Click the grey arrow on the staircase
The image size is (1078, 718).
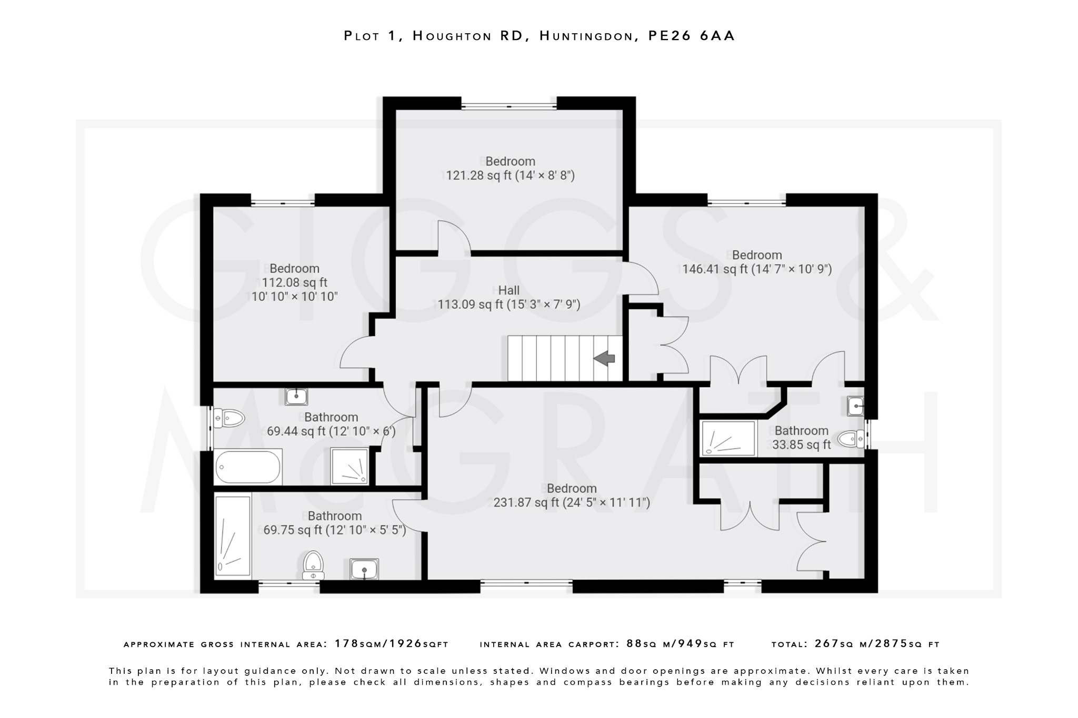[605, 358]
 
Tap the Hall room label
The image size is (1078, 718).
[508, 290]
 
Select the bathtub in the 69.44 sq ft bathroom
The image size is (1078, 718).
[247, 467]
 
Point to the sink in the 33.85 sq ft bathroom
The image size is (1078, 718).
[855, 406]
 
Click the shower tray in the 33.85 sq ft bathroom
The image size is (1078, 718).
[729, 438]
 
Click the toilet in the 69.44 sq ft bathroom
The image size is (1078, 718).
[231, 419]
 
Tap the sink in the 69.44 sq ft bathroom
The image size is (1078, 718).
[296, 396]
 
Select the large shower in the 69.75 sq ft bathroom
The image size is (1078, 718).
[233, 535]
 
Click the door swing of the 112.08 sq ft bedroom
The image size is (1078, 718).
[357, 353]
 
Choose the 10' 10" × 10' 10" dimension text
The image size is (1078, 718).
[294, 297]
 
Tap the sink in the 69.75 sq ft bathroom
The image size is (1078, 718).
[364, 569]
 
